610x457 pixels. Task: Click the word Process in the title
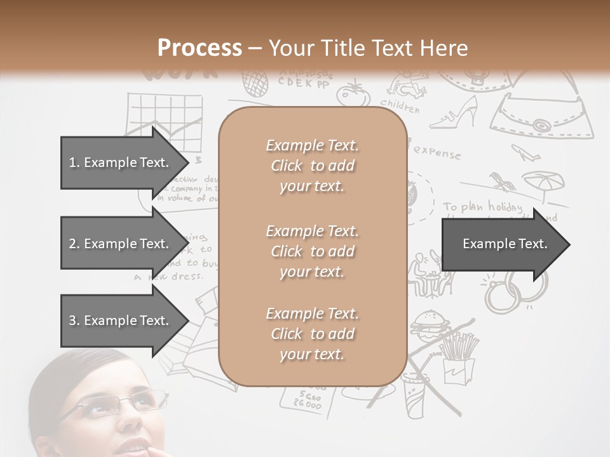(200, 48)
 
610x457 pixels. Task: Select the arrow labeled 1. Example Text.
(121, 162)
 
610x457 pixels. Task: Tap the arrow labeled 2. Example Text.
(121, 244)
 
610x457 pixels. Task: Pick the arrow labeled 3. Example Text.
(121, 321)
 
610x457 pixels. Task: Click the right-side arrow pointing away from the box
(505, 244)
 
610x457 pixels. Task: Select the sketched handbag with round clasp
(544, 117)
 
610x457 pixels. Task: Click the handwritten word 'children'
(400, 105)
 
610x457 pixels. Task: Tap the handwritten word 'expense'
(437, 153)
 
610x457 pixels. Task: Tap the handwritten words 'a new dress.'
(168, 276)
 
